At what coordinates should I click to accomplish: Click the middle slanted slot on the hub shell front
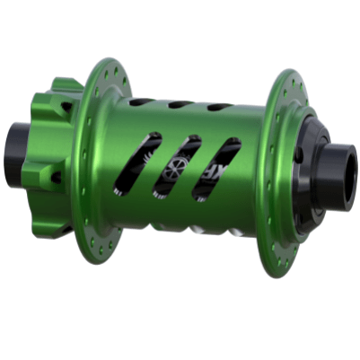[177, 165]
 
